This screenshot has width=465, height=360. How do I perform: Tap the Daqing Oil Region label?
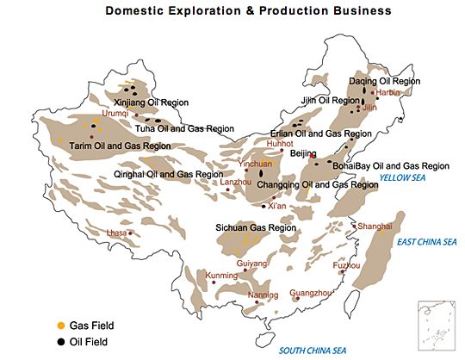[x=385, y=81]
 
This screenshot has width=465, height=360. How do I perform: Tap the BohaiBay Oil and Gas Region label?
[x=393, y=165]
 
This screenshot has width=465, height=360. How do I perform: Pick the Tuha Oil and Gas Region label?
[x=184, y=128]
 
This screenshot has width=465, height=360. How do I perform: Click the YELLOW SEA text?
[x=403, y=178]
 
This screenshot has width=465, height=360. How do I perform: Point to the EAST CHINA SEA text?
[x=425, y=242]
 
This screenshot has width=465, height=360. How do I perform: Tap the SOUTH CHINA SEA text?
[x=313, y=350]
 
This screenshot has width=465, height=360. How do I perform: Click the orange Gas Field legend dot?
[x=59, y=326]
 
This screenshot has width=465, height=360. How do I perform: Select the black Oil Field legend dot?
[x=59, y=341]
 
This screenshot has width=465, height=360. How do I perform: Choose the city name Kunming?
[x=222, y=276]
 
